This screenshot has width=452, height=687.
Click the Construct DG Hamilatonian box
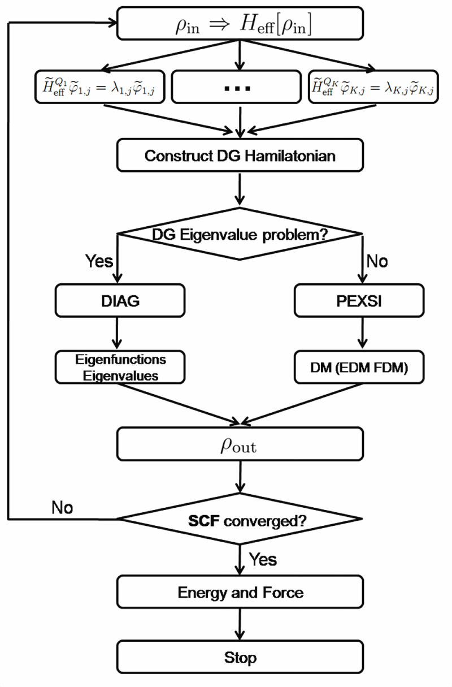(x=240, y=155)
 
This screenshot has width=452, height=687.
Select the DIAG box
(x=120, y=301)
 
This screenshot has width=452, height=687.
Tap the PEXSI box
(x=359, y=301)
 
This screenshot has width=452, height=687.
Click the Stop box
(x=240, y=658)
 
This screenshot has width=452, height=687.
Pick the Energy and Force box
(x=240, y=592)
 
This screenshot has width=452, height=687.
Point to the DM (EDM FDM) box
(x=359, y=367)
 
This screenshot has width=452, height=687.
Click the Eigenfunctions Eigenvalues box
(x=120, y=367)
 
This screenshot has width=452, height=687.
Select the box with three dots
(x=236, y=87)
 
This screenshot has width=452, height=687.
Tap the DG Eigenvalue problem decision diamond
(x=240, y=234)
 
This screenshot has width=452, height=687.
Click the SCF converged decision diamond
(x=240, y=519)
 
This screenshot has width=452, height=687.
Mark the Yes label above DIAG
(x=99, y=261)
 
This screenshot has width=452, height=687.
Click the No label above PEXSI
(x=377, y=261)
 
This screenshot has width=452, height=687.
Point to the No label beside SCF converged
(x=62, y=508)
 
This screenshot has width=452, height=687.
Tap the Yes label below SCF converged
(x=263, y=559)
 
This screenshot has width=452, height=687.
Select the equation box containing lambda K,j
(x=373, y=87)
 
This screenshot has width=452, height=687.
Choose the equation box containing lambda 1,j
(x=99, y=87)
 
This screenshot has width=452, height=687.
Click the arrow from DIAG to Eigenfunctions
(x=117, y=333)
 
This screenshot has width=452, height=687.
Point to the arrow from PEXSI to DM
(x=363, y=333)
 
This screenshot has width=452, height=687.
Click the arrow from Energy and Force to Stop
(x=240, y=624)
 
